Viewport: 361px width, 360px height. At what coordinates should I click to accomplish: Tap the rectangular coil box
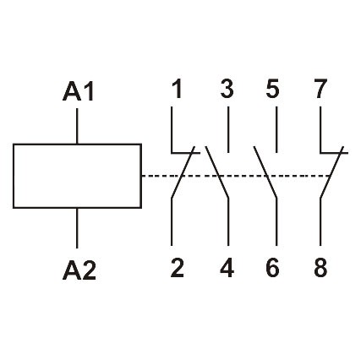pyautogui.click(x=77, y=176)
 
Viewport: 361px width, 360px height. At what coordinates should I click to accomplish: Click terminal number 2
pyautogui.click(x=177, y=269)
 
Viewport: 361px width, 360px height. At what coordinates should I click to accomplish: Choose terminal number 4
pyautogui.click(x=227, y=269)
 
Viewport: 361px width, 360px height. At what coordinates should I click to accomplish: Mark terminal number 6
pyautogui.click(x=272, y=269)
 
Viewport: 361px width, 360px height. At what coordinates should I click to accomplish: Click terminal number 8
pyautogui.click(x=319, y=269)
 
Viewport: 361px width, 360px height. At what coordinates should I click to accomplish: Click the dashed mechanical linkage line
pyautogui.click(x=237, y=176)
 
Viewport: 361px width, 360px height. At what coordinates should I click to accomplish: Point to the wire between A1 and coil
pyautogui.click(x=78, y=128)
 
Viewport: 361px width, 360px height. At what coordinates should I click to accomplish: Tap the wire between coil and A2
pyautogui.click(x=78, y=226)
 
